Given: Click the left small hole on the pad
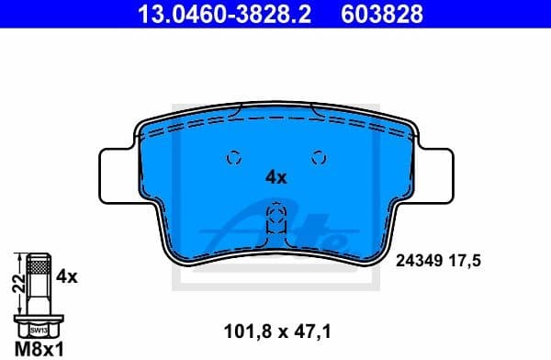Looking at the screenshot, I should coord(232,156).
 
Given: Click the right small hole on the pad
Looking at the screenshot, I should coord(320,156).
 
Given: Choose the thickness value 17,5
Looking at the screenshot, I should coord(467,261).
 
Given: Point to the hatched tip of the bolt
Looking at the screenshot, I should coord(38,266).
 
